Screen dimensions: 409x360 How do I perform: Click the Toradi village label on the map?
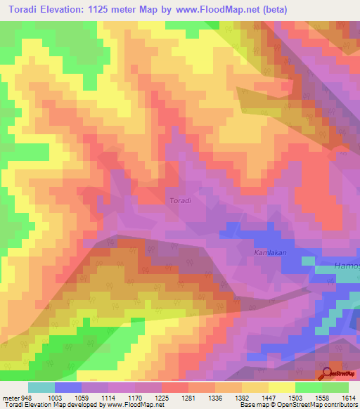pyautogui.click(x=181, y=200)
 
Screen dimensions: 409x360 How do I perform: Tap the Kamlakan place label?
pyautogui.click(x=270, y=252)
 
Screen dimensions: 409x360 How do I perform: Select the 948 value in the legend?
pyautogui.click(x=26, y=398)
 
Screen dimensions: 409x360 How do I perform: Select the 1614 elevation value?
pyautogui.click(x=349, y=398)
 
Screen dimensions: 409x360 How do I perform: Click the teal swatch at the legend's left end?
pyautogui.click(x=41, y=387)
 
